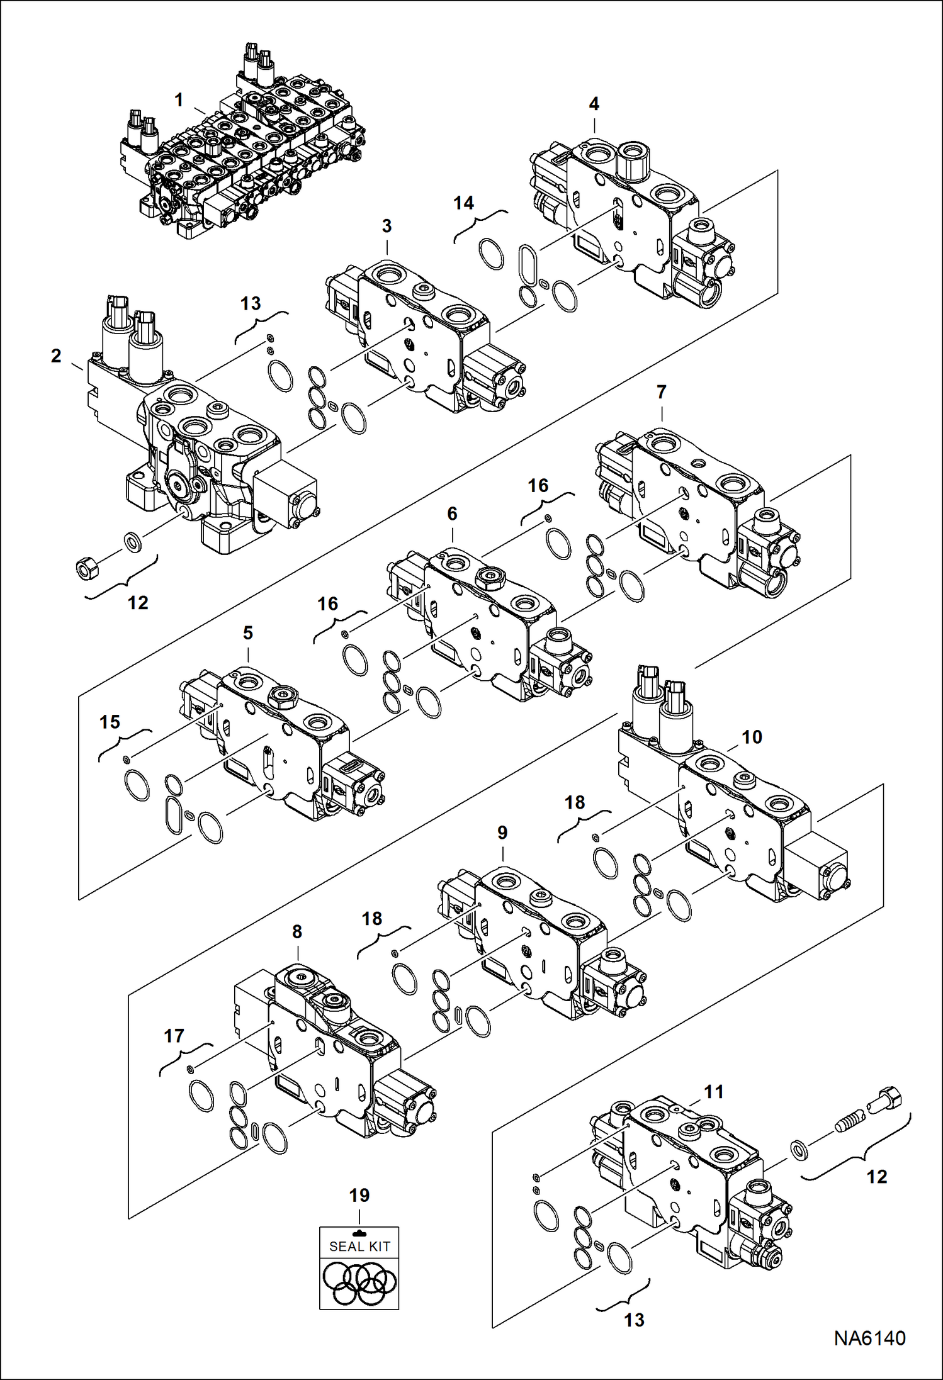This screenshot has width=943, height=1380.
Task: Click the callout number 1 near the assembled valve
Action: (x=179, y=100)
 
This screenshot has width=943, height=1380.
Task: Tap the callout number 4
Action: (x=594, y=104)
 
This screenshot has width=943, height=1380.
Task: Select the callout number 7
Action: (x=661, y=393)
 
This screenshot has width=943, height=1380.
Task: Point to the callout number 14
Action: (x=463, y=203)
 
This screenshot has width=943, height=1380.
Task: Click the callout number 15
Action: (x=110, y=722)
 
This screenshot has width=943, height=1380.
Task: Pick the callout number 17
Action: (x=174, y=1036)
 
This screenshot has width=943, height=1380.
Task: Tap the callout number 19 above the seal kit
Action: (x=359, y=1195)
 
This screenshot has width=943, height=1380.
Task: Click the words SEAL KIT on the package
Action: (x=359, y=1246)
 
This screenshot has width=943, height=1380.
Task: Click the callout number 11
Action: (x=713, y=1092)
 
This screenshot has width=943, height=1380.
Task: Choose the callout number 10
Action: (x=752, y=737)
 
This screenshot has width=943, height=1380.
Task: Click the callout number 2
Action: (x=56, y=356)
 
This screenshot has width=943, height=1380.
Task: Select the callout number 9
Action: (x=502, y=833)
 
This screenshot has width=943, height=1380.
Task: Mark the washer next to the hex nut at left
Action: (x=132, y=541)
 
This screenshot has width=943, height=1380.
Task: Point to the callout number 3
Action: (x=387, y=226)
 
